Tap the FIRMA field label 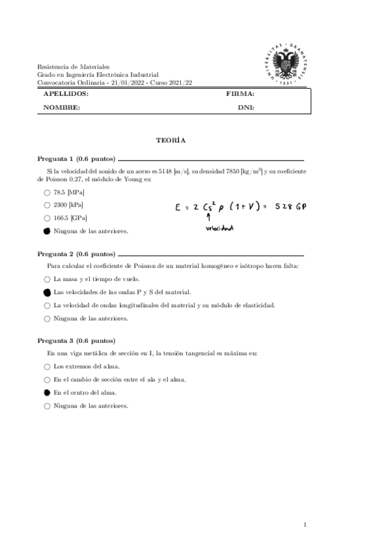[240, 95]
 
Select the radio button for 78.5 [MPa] [47, 193]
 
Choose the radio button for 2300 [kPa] [47, 205]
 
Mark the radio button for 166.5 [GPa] [47, 218]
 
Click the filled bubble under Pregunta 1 [47, 231]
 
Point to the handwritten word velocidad [219, 228]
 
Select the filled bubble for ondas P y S [47, 293]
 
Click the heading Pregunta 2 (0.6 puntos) [76, 254]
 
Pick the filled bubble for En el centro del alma [47, 393]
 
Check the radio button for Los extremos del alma [47, 366]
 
